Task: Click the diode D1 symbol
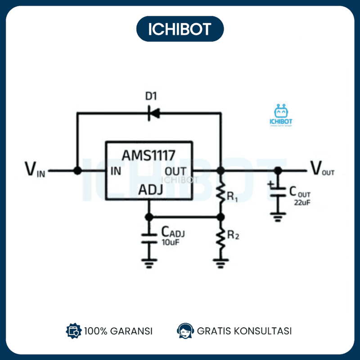point(154,113)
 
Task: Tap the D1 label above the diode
point(151,96)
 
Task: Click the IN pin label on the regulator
point(116,171)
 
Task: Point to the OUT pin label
point(176,171)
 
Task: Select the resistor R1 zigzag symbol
point(221,193)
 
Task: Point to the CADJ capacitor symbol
point(148,238)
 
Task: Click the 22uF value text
point(302,203)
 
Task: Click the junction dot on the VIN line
point(77,171)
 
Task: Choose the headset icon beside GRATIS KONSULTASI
point(185,330)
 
